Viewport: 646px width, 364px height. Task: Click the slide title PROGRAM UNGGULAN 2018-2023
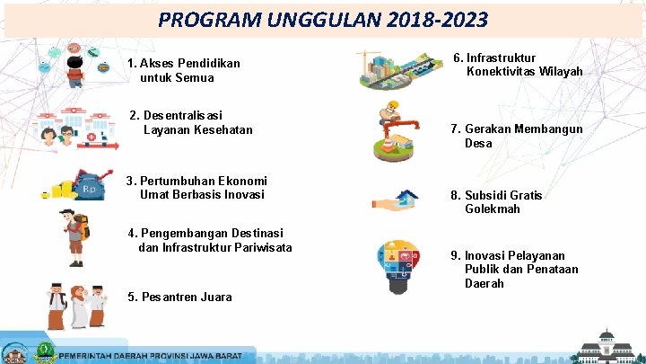pos(323,19)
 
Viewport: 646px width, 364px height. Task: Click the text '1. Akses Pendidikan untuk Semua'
pos(184,70)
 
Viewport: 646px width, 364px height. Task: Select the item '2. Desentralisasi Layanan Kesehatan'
pos(191,122)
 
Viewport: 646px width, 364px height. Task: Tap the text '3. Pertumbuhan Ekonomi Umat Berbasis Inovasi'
pos(196,187)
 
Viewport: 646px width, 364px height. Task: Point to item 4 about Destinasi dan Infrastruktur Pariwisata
pos(210,240)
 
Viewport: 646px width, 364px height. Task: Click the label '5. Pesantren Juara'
pos(179,297)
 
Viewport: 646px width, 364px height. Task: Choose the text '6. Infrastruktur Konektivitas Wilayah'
pos(518,64)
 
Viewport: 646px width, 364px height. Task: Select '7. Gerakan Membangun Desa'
pos(516,136)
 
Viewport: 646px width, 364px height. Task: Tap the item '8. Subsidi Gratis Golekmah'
pos(496,201)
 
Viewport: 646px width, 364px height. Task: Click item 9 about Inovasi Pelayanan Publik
pos(514,269)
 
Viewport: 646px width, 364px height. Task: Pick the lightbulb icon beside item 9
pos(401,264)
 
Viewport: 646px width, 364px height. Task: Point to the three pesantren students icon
pos(76,306)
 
